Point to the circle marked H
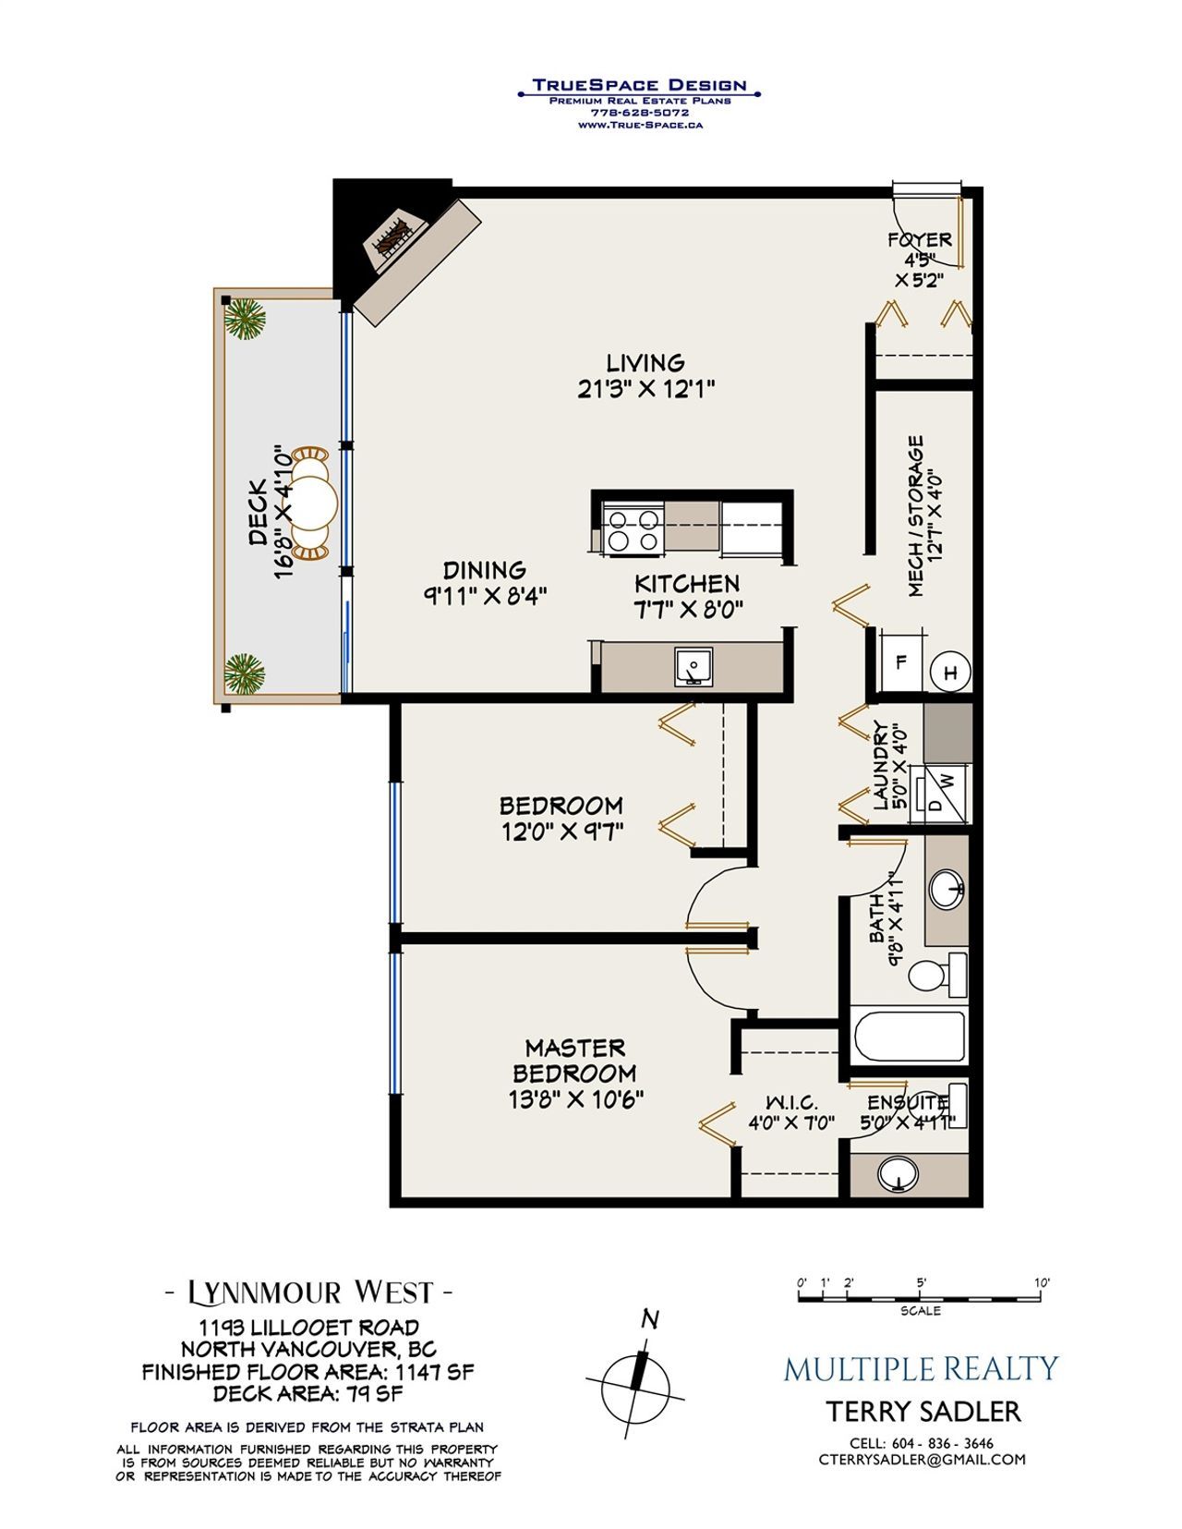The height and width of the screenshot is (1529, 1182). tap(950, 673)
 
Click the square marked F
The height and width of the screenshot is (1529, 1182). tap(900, 661)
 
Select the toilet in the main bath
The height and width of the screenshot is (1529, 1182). tap(936, 975)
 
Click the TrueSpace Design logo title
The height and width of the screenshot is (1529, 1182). tap(638, 85)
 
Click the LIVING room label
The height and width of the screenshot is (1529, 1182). tap(645, 363)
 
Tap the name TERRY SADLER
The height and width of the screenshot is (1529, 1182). tap(923, 1412)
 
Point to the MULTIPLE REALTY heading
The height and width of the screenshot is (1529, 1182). tap(921, 1368)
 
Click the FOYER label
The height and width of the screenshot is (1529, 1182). tap(919, 240)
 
